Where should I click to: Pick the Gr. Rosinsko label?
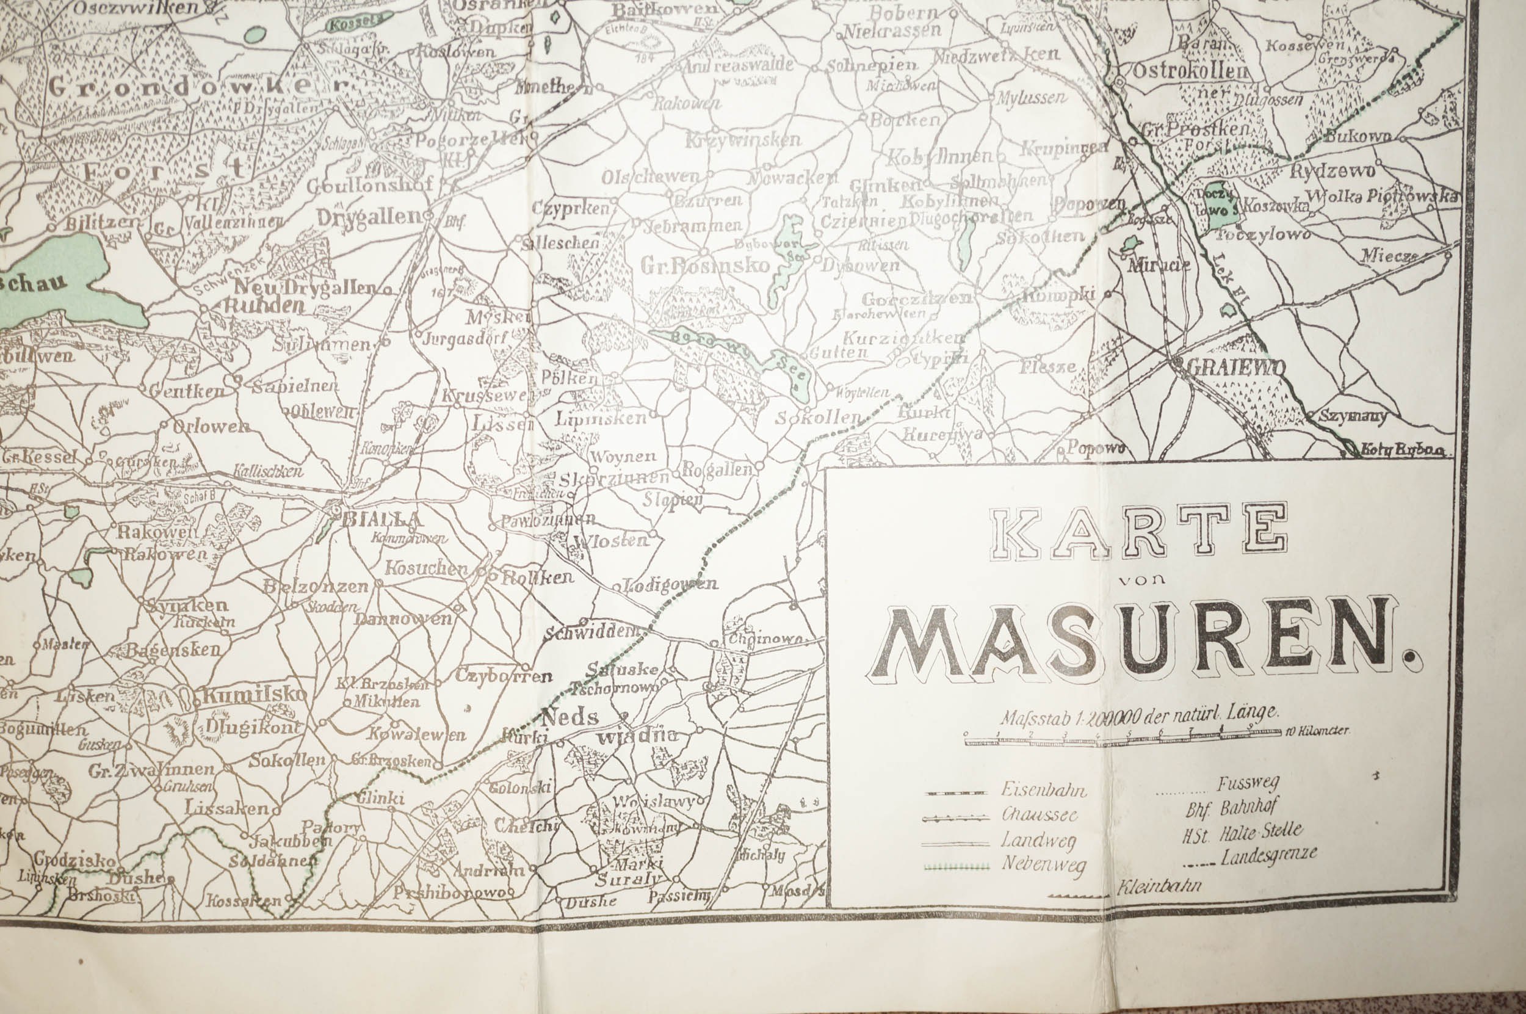coord(706,264)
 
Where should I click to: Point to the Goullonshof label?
coord(369,186)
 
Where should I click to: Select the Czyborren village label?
coord(503,676)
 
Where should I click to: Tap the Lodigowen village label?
coord(673,584)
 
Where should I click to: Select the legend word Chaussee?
coord(1039,814)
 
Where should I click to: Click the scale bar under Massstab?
coord(1122,741)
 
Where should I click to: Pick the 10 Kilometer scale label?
coord(1317,731)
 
